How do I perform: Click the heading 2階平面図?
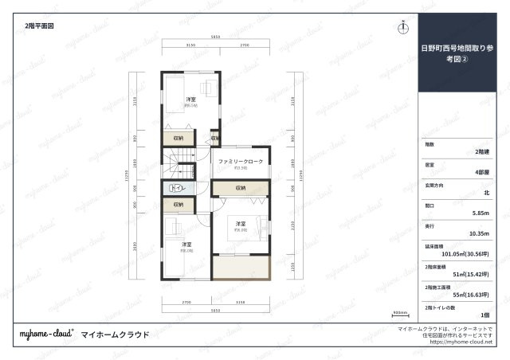pyautogui.click(x=39, y=25)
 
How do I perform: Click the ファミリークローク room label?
pyautogui.click(x=240, y=162)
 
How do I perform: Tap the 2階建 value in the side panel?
pyautogui.click(x=481, y=151)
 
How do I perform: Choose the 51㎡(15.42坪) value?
pyautogui.click(x=471, y=275)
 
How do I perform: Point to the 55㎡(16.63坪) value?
pyautogui.click(x=471, y=295)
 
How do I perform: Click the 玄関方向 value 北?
pyautogui.click(x=486, y=193)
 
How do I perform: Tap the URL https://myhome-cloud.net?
pyautogui.click(x=461, y=342)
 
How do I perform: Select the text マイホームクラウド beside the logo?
pyautogui.click(x=116, y=335)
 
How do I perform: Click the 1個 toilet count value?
pyautogui.click(x=484, y=316)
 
